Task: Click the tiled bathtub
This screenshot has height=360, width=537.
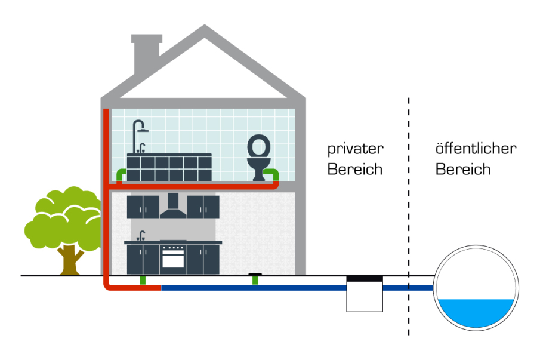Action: coord(169,168)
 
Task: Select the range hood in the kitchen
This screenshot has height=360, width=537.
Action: coord(173,206)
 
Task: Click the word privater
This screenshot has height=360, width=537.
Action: coord(355,149)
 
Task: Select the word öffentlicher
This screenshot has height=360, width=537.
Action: coord(476,149)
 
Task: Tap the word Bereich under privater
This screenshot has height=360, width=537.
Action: coord(355,169)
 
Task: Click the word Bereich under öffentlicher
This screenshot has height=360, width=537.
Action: coord(463,169)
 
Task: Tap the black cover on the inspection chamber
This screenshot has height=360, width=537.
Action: coord(365,278)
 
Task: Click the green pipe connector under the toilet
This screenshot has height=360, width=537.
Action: coord(273,174)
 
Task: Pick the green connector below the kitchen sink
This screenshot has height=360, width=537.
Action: coord(143,280)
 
